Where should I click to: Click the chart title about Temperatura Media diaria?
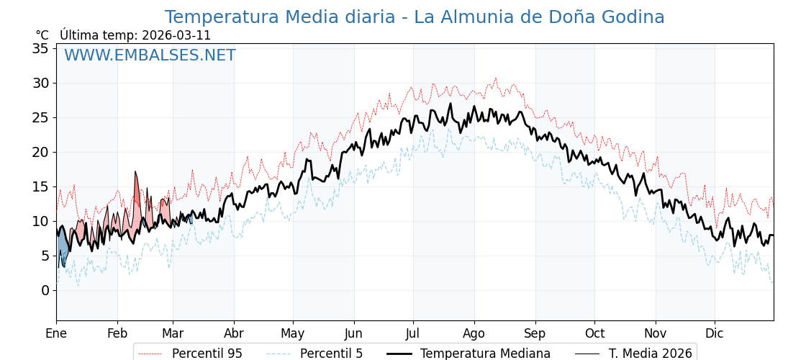click(415, 17)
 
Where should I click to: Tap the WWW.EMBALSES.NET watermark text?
click(150, 55)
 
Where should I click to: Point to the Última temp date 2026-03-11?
click(176, 35)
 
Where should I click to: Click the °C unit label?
click(42, 35)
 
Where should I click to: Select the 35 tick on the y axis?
click(40, 48)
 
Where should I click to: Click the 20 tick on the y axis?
click(40, 152)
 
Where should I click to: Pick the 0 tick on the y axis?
click(45, 290)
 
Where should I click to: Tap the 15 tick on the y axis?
click(40, 186)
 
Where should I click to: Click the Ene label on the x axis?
click(56, 333)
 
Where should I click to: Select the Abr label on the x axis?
click(234, 333)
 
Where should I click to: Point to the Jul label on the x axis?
click(413, 333)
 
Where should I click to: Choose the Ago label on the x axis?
click(474, 333)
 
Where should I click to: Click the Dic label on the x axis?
click(715, 333)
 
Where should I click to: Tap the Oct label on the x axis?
click(594, 333)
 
